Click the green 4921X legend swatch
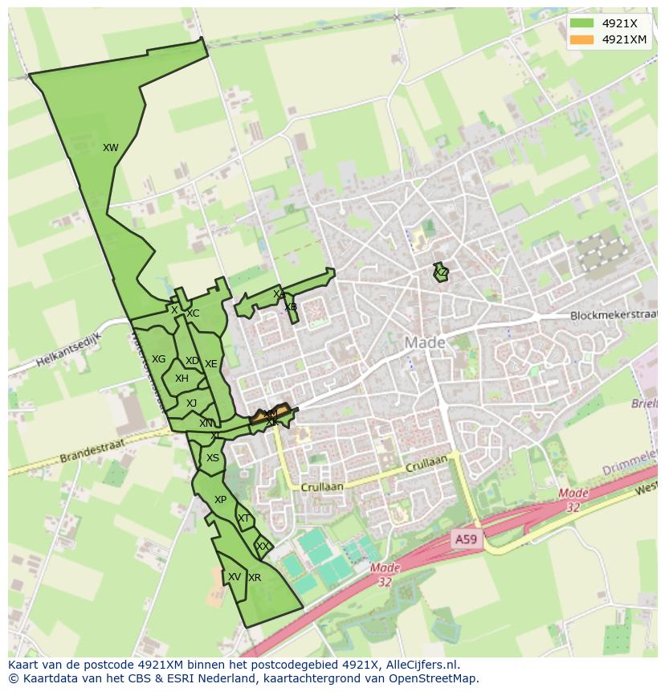(x=581, y=23)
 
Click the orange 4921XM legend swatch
(x=581, y=39)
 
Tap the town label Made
(x=424, y=342)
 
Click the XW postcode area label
(x=111, y=148)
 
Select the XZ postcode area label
(x=441, y=273)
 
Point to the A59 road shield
(x=465, y=539)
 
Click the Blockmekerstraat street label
(x=613, y=316)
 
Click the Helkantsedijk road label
(x=68, y=351)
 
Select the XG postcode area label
(x=159, y=359)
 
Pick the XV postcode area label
(x=234, y=577)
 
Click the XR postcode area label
(x=255, y=578)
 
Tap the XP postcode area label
(x=220, y=500)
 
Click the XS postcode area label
(x=212, y=458)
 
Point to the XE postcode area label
(x=210, y=364)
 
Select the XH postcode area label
(x=182, y=379)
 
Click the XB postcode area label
(x=290, y=307)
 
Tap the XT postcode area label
(x=243, y=518)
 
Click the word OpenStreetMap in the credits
(x=434, y=678)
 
